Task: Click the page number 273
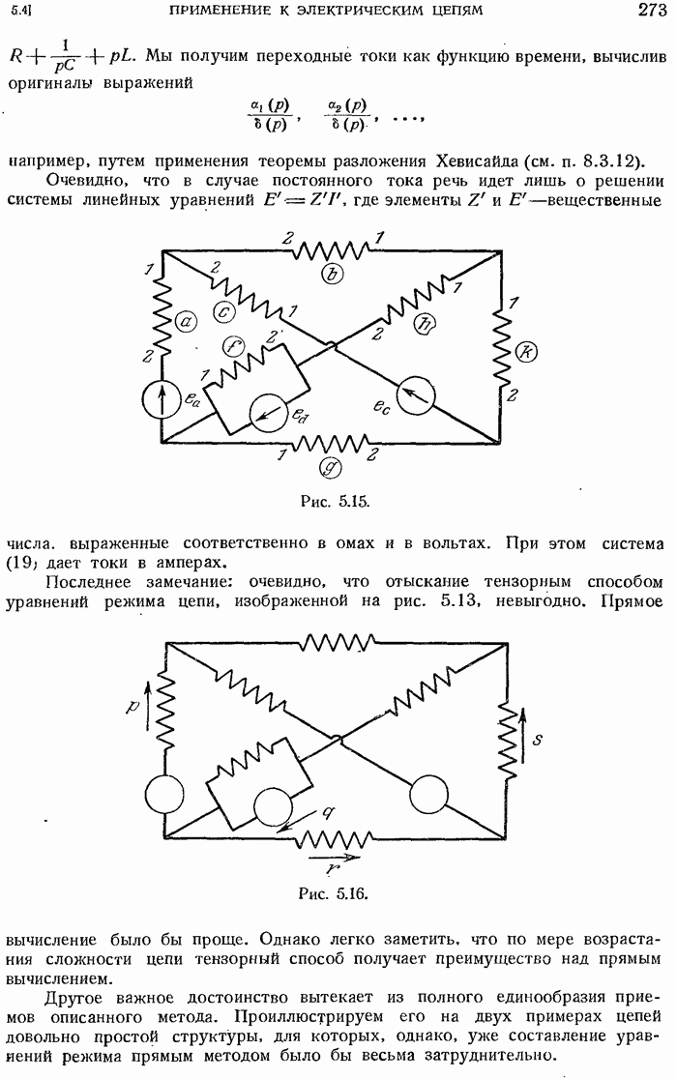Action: [652, 10]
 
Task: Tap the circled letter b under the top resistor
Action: [333, 274]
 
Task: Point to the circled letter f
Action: [235, 347]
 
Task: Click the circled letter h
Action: [424, 325]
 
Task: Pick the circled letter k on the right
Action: [526, 352]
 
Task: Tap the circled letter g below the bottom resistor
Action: [331, 468]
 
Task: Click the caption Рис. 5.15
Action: [336, 501]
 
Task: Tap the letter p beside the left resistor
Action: [133, 706]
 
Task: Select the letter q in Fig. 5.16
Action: [328, 813]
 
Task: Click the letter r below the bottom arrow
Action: [333, 868]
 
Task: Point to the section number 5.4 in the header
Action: [19, 11]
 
